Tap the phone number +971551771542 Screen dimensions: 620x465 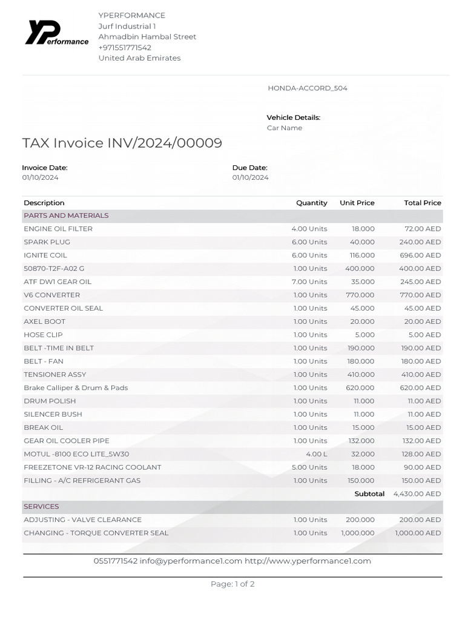125,47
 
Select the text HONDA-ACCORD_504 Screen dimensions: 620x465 308,88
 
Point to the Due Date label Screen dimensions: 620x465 249,168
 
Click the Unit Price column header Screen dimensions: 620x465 357,203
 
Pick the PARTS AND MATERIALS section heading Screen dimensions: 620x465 66,216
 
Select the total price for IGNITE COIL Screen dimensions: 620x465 420,256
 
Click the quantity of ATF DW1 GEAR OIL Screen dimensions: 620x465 309,282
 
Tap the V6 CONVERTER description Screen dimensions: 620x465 51,295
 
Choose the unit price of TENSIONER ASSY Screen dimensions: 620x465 361,375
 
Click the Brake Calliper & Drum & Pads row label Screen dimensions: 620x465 76,388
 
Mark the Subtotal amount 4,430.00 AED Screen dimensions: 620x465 417,494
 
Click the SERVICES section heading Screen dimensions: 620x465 41,506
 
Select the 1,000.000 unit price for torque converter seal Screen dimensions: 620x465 358,533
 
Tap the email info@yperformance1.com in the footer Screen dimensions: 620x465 191,561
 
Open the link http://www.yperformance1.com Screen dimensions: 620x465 308,561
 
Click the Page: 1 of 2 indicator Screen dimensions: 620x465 232,584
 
